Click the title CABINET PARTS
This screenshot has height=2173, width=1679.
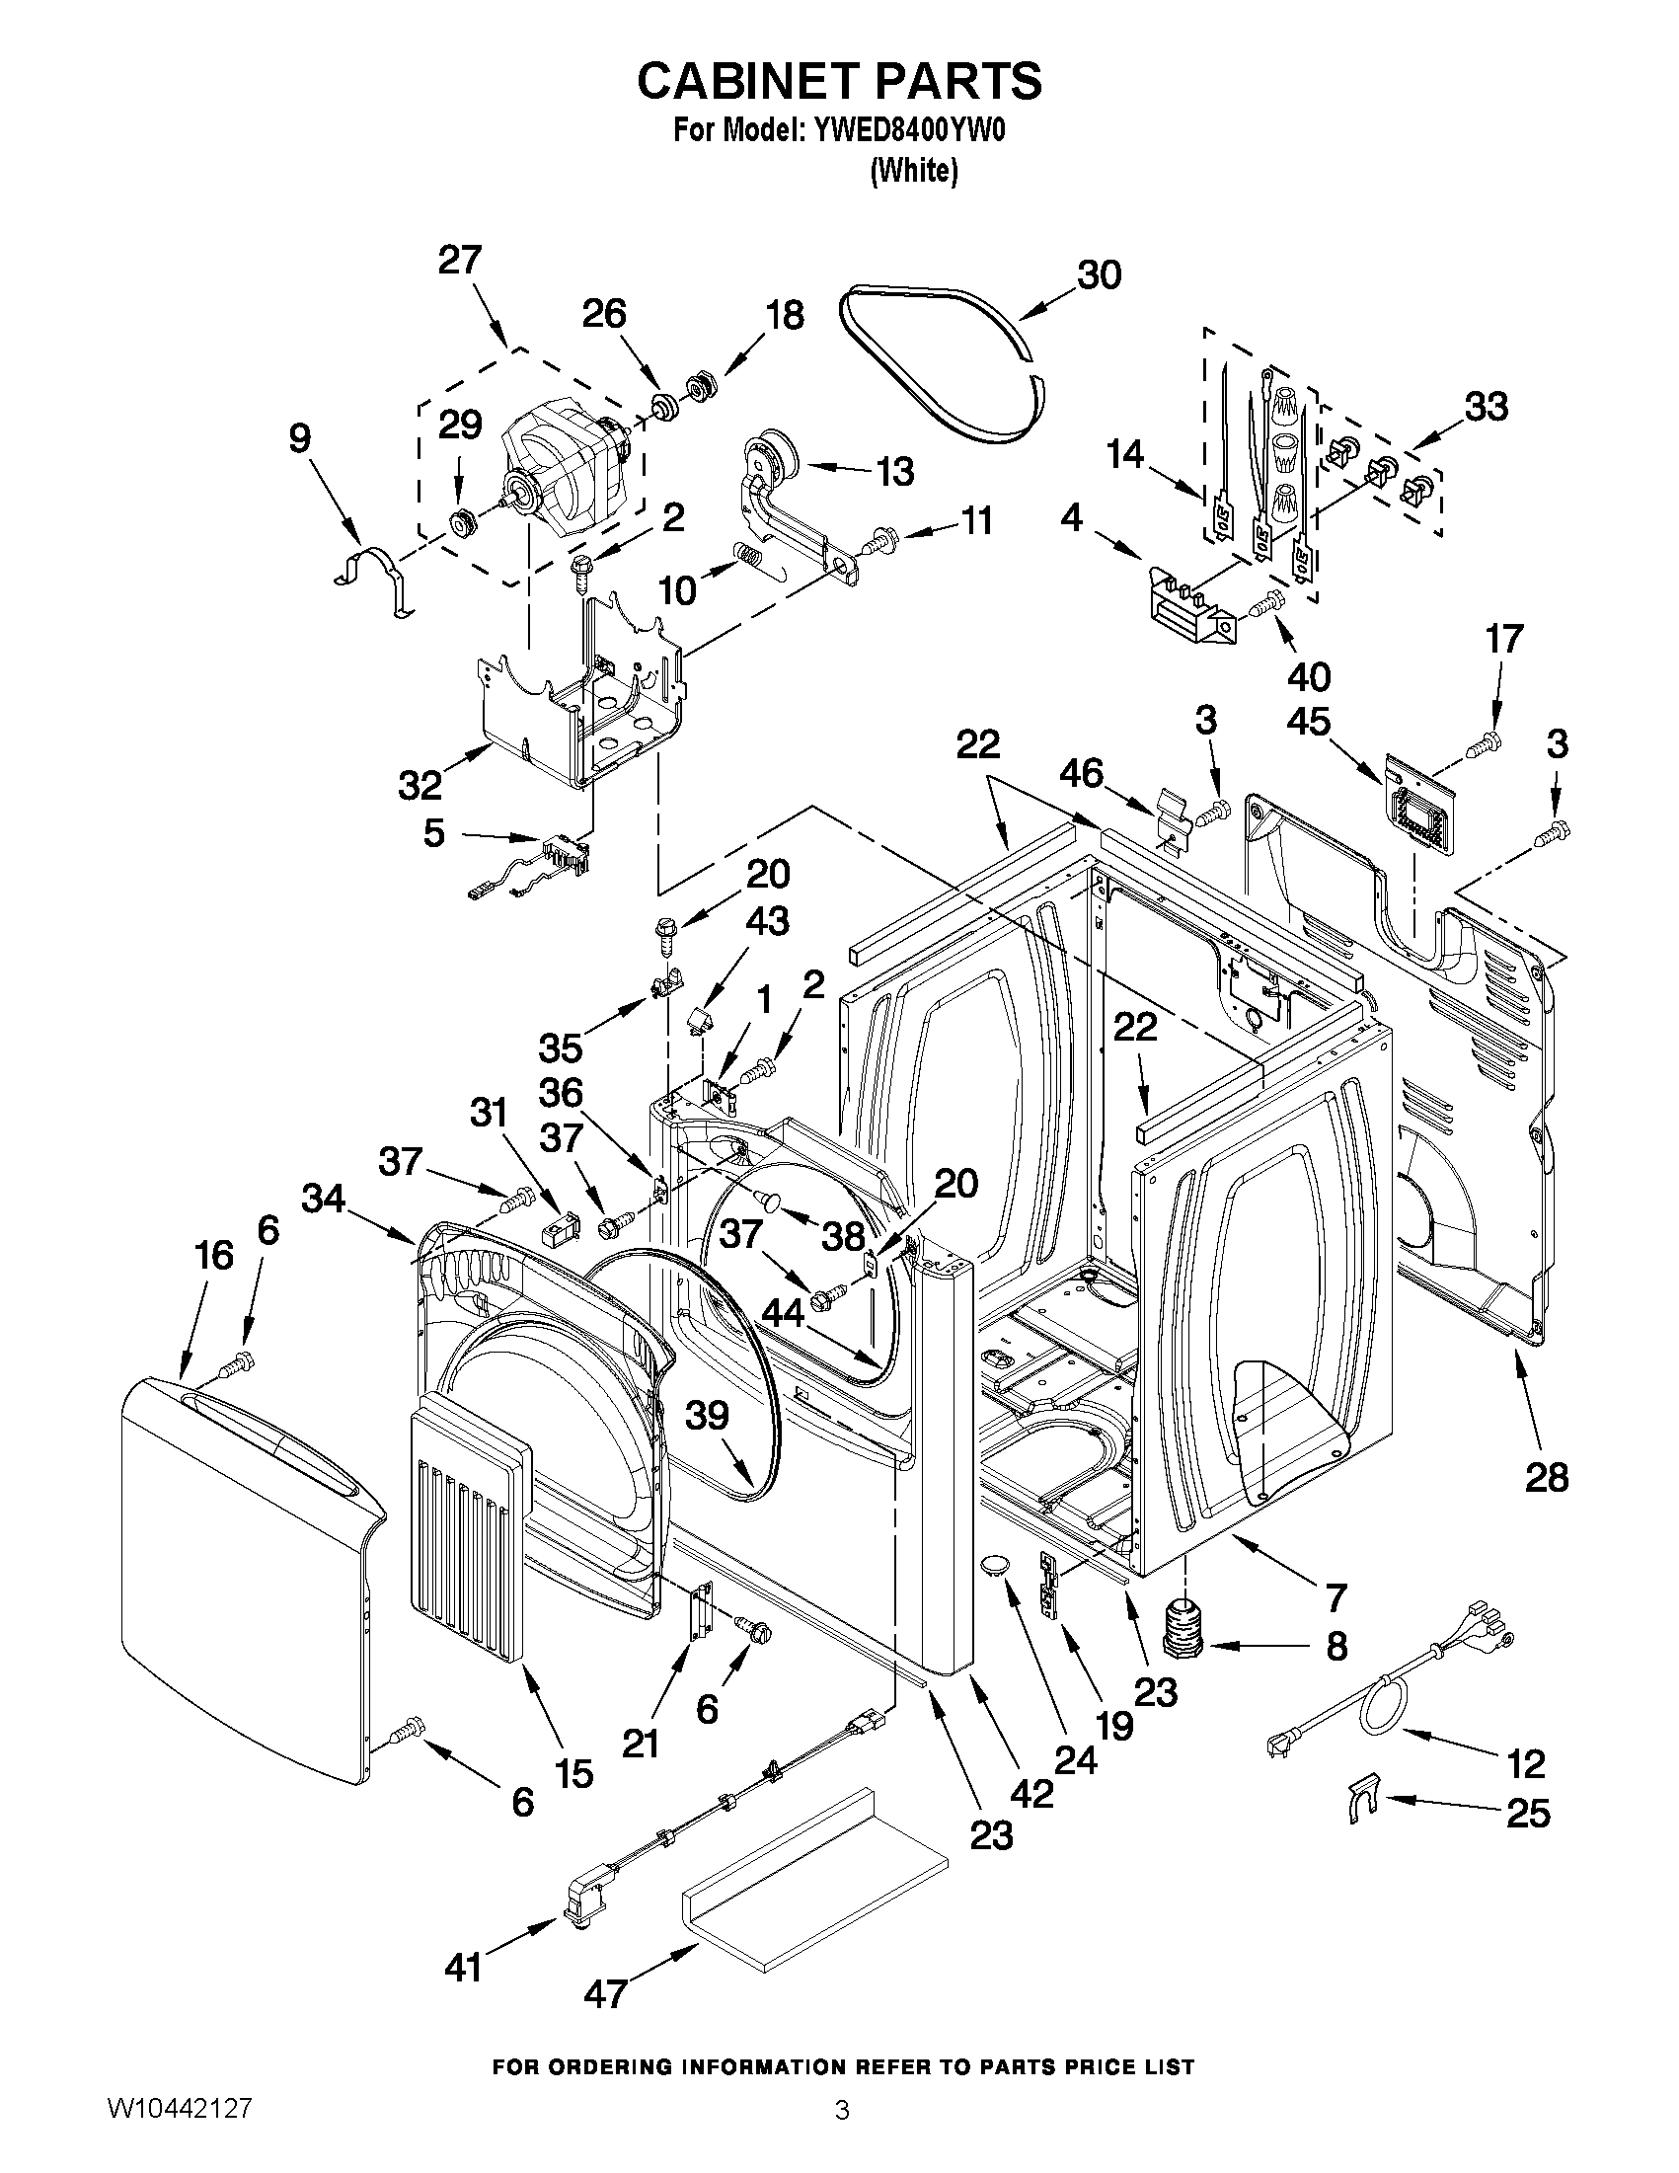[838, 82]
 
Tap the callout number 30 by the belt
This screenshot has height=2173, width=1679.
[1100, 274]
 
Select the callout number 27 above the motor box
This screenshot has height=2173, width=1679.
[460, 260]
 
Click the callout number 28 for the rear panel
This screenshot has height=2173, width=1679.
[1547, 1477]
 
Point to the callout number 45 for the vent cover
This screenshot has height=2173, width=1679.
[1308, 722]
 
